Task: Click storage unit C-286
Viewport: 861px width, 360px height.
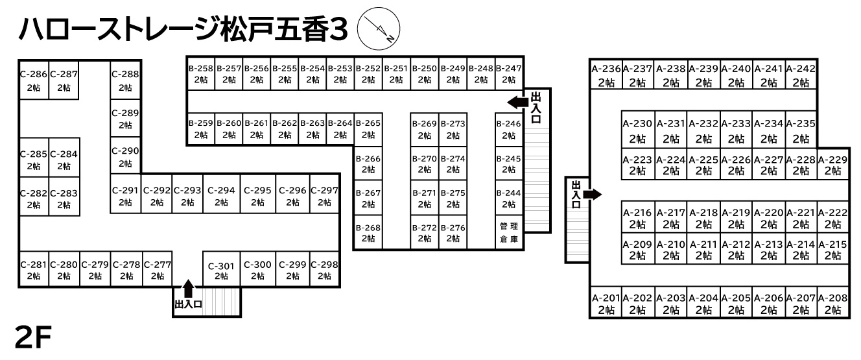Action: click(34, 80)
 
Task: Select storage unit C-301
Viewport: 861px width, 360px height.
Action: click(221, 270)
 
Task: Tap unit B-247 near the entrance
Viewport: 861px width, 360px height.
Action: click(509, 74)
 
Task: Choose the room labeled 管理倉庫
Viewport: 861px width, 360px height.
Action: click(509, 232)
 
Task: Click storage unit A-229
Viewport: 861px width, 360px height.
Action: click(833, 165)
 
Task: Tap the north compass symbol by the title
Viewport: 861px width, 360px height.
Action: click(381, 30)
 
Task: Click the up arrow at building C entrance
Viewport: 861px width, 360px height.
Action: click(188, 287)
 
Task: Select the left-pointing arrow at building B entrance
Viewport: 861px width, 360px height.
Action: click(518, 102)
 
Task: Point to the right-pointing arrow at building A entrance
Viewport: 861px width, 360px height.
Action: click(593, 194)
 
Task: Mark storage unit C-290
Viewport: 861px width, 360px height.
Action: click(125, 156)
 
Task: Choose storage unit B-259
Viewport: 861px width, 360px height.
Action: click(200, 129)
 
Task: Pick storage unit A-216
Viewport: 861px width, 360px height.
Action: click(638, 218)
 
